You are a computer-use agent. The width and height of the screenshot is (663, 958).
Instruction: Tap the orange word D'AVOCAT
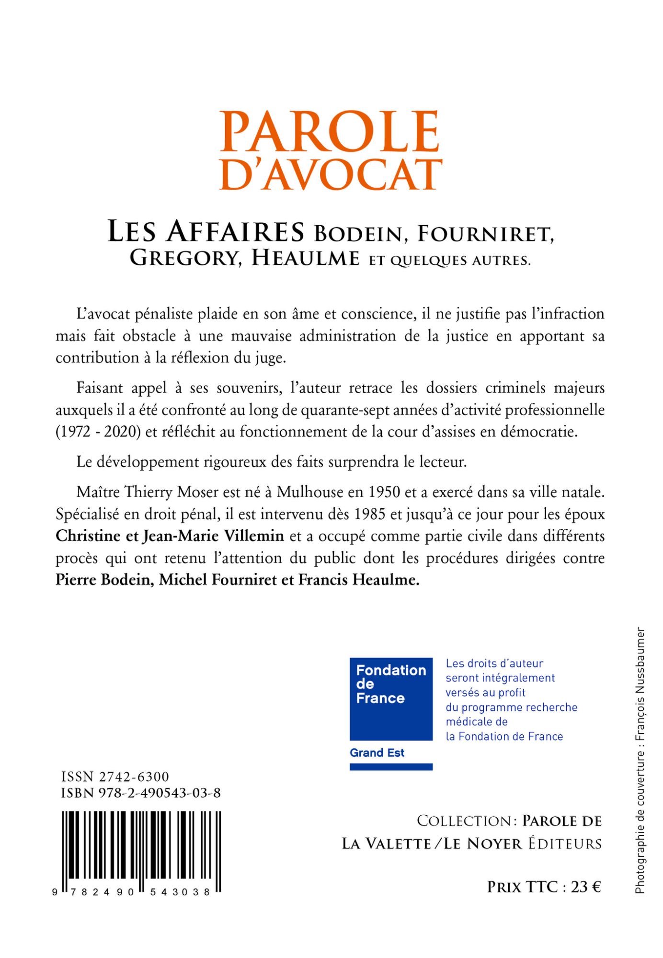tap(331, 174)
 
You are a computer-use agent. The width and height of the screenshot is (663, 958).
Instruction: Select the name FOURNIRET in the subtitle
tap(485, 234)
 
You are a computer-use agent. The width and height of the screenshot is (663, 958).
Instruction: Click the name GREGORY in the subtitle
tap(184, 259)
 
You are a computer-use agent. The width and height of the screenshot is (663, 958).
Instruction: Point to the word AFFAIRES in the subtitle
tap(235, 231)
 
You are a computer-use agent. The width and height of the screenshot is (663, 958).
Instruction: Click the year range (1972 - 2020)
tap(98, 432)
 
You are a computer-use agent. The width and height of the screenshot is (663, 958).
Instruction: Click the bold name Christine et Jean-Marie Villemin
tap(170, 536)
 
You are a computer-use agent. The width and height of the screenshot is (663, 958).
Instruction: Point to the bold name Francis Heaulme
tap(359, 580)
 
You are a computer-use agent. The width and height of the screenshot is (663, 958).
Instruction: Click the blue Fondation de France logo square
tap(391, 699)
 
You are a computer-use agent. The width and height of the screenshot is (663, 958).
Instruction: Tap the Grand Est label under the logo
tap(377, 753)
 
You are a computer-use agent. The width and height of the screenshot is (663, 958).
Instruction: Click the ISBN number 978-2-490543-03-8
tap(160, 793)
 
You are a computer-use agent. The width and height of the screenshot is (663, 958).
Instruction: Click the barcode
tap(141, 851)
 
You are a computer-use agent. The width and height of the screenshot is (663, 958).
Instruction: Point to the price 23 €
tap(585, 887)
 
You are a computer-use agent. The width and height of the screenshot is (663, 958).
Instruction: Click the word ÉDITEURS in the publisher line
tap(565, 844)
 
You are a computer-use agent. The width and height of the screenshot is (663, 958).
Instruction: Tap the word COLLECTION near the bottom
tap(464, 821)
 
